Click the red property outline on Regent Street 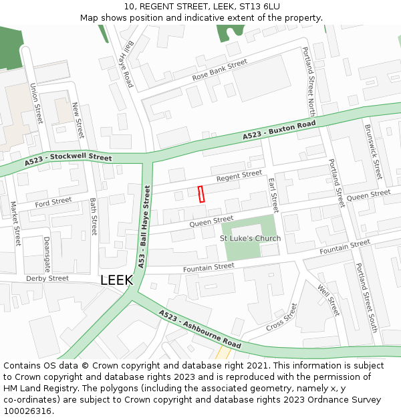pos(200,193)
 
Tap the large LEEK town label pos(116,281)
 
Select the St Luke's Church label pos(251,238)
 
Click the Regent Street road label pos(239,176)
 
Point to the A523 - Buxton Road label pos(279,130)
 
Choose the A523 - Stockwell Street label pos(68,160)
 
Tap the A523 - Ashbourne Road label pos(200,328)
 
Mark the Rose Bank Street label pos(219,70)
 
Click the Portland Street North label pos(309,82)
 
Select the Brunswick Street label pos(372,150)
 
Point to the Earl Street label pos(273,195)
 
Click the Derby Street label pos(47,278)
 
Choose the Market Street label pos(15,223)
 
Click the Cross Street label pos(281,317)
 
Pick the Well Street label pos(329,300)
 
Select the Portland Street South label pos(367,298)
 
